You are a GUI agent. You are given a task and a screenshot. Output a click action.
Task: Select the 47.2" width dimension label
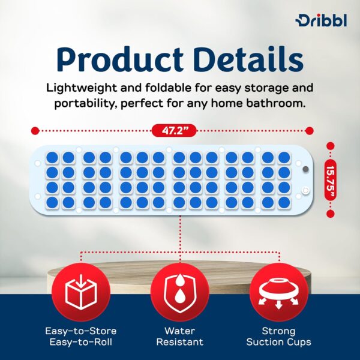click(172, 130)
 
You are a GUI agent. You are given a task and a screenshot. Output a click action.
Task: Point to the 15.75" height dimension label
click(331, 178)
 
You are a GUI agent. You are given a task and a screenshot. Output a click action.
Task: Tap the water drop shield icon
click(179, 293)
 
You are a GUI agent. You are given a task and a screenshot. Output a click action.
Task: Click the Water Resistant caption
click(179, 337)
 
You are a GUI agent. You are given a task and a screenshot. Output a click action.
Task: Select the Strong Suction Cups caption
click(278, 337)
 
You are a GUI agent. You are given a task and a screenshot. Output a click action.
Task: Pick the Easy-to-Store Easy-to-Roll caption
click(80, 337)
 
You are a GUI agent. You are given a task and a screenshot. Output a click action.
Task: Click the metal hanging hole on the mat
click(305, 170)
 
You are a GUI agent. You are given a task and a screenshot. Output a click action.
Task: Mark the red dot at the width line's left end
click(35, 130)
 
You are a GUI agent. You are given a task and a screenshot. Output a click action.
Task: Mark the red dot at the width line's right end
click(310, 130)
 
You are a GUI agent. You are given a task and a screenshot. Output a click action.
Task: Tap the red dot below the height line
click(331, 212)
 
